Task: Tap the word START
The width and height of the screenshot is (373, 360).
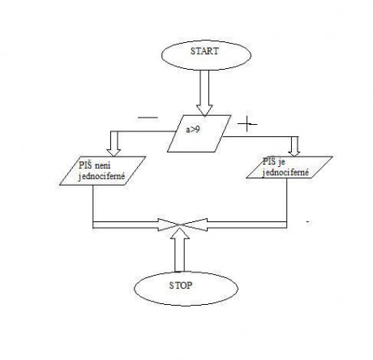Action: click(204, 51)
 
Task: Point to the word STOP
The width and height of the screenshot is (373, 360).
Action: click(181, 285)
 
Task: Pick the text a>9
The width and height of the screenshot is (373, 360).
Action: click(193, 130)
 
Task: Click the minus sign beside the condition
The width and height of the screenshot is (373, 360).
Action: click(148, 118)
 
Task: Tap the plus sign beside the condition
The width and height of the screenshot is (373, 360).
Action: click(247, 124)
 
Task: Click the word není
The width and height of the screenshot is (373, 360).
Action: click(103, 165)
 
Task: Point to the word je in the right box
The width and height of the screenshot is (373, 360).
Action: click(281, 162)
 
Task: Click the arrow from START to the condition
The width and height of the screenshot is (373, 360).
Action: click(204, 93)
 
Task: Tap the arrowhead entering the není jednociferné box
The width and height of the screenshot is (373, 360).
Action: click(114, 152)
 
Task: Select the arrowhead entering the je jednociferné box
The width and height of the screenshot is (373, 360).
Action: click(294, 152)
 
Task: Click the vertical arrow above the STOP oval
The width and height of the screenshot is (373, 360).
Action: click(179, 250)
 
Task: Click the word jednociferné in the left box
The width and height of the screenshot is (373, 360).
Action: click(101, 177)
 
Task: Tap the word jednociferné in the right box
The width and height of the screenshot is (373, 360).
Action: click(285, 173)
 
